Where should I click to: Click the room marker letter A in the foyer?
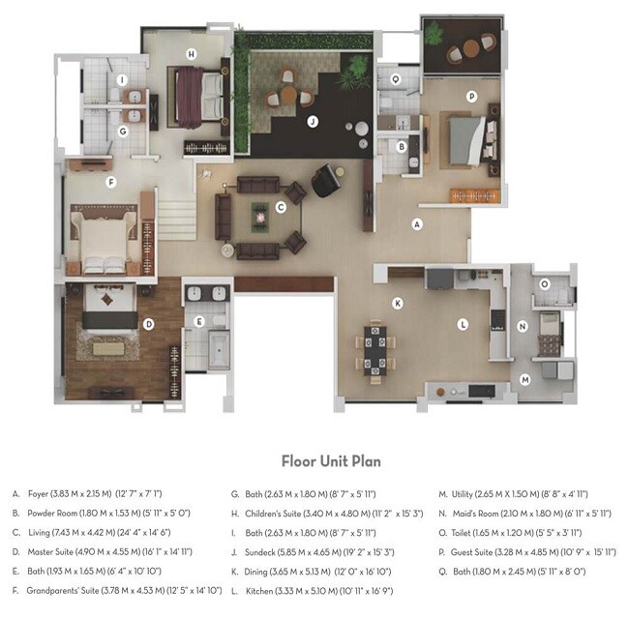(417, 223)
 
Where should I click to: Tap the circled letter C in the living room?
(281, 206)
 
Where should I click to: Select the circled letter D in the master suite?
(148, 324)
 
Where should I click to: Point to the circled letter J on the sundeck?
(312, 121)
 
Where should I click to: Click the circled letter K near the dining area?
(397, 303)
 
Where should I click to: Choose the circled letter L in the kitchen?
(464, 324)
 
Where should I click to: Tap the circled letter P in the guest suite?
(471, 96)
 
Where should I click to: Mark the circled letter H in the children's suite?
(192, 53)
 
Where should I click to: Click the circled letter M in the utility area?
(524, 379)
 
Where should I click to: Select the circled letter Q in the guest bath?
(395, 79)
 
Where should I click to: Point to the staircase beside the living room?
(178, 215)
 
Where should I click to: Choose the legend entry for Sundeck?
(301, 551)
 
